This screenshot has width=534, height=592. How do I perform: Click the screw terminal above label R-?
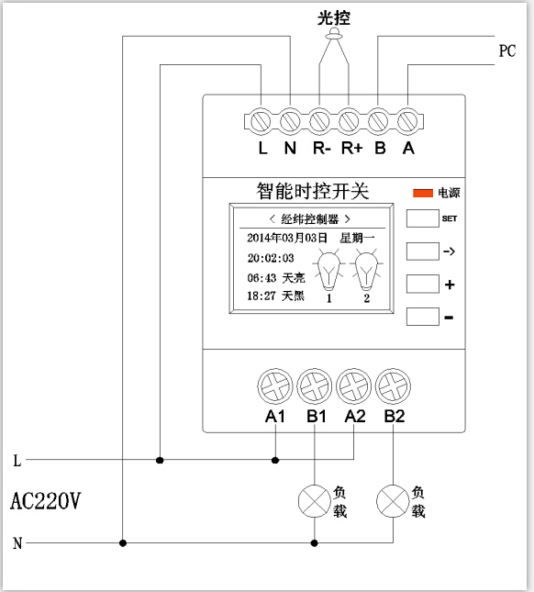pyautogui.click(x=319, y=121)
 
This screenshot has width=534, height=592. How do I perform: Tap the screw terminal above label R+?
pyautogui.click(x=349, y=121)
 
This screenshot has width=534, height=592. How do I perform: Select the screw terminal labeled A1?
pyautogui.click(x=275, y=386)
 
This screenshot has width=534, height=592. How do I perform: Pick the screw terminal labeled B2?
pyautogui.click(x=393, y=386)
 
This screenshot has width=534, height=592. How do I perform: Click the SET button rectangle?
pyautogui.click(x=423, y=218)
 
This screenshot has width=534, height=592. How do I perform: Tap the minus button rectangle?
pyautogui.click(x=423, y=317)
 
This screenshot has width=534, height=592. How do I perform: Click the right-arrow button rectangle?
pyautogui.click(x=423, y=251)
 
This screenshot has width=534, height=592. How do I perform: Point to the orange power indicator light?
pyautogui.click(x=423, y=193)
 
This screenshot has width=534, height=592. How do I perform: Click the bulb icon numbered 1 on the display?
pyautogui.click(x=328, y=271)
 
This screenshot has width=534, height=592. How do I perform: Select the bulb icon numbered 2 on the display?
pyautogui.click(x=366, y=271)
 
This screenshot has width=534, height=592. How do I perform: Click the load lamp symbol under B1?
pyautogui.click(x=315, y=501)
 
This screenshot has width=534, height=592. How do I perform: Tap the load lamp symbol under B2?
pyautogui.click(x=393, y=501)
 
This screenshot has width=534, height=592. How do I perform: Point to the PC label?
pyautogui.click(x=507, y=50)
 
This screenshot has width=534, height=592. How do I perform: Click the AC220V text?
pyautogui.click(x=45, y=501)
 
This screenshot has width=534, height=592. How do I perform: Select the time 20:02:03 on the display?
pyautogui.click(x=271, y=258)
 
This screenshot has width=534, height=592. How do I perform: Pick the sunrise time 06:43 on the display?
pyautogui.click(x=261, y=278)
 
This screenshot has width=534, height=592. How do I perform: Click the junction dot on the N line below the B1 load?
pyautogui.click(x=315, y=543)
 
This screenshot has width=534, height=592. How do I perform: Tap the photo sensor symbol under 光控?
pyautogui.click(x=334, y=34)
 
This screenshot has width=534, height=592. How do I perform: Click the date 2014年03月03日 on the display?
pyautogui.click(x=287, y=238)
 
